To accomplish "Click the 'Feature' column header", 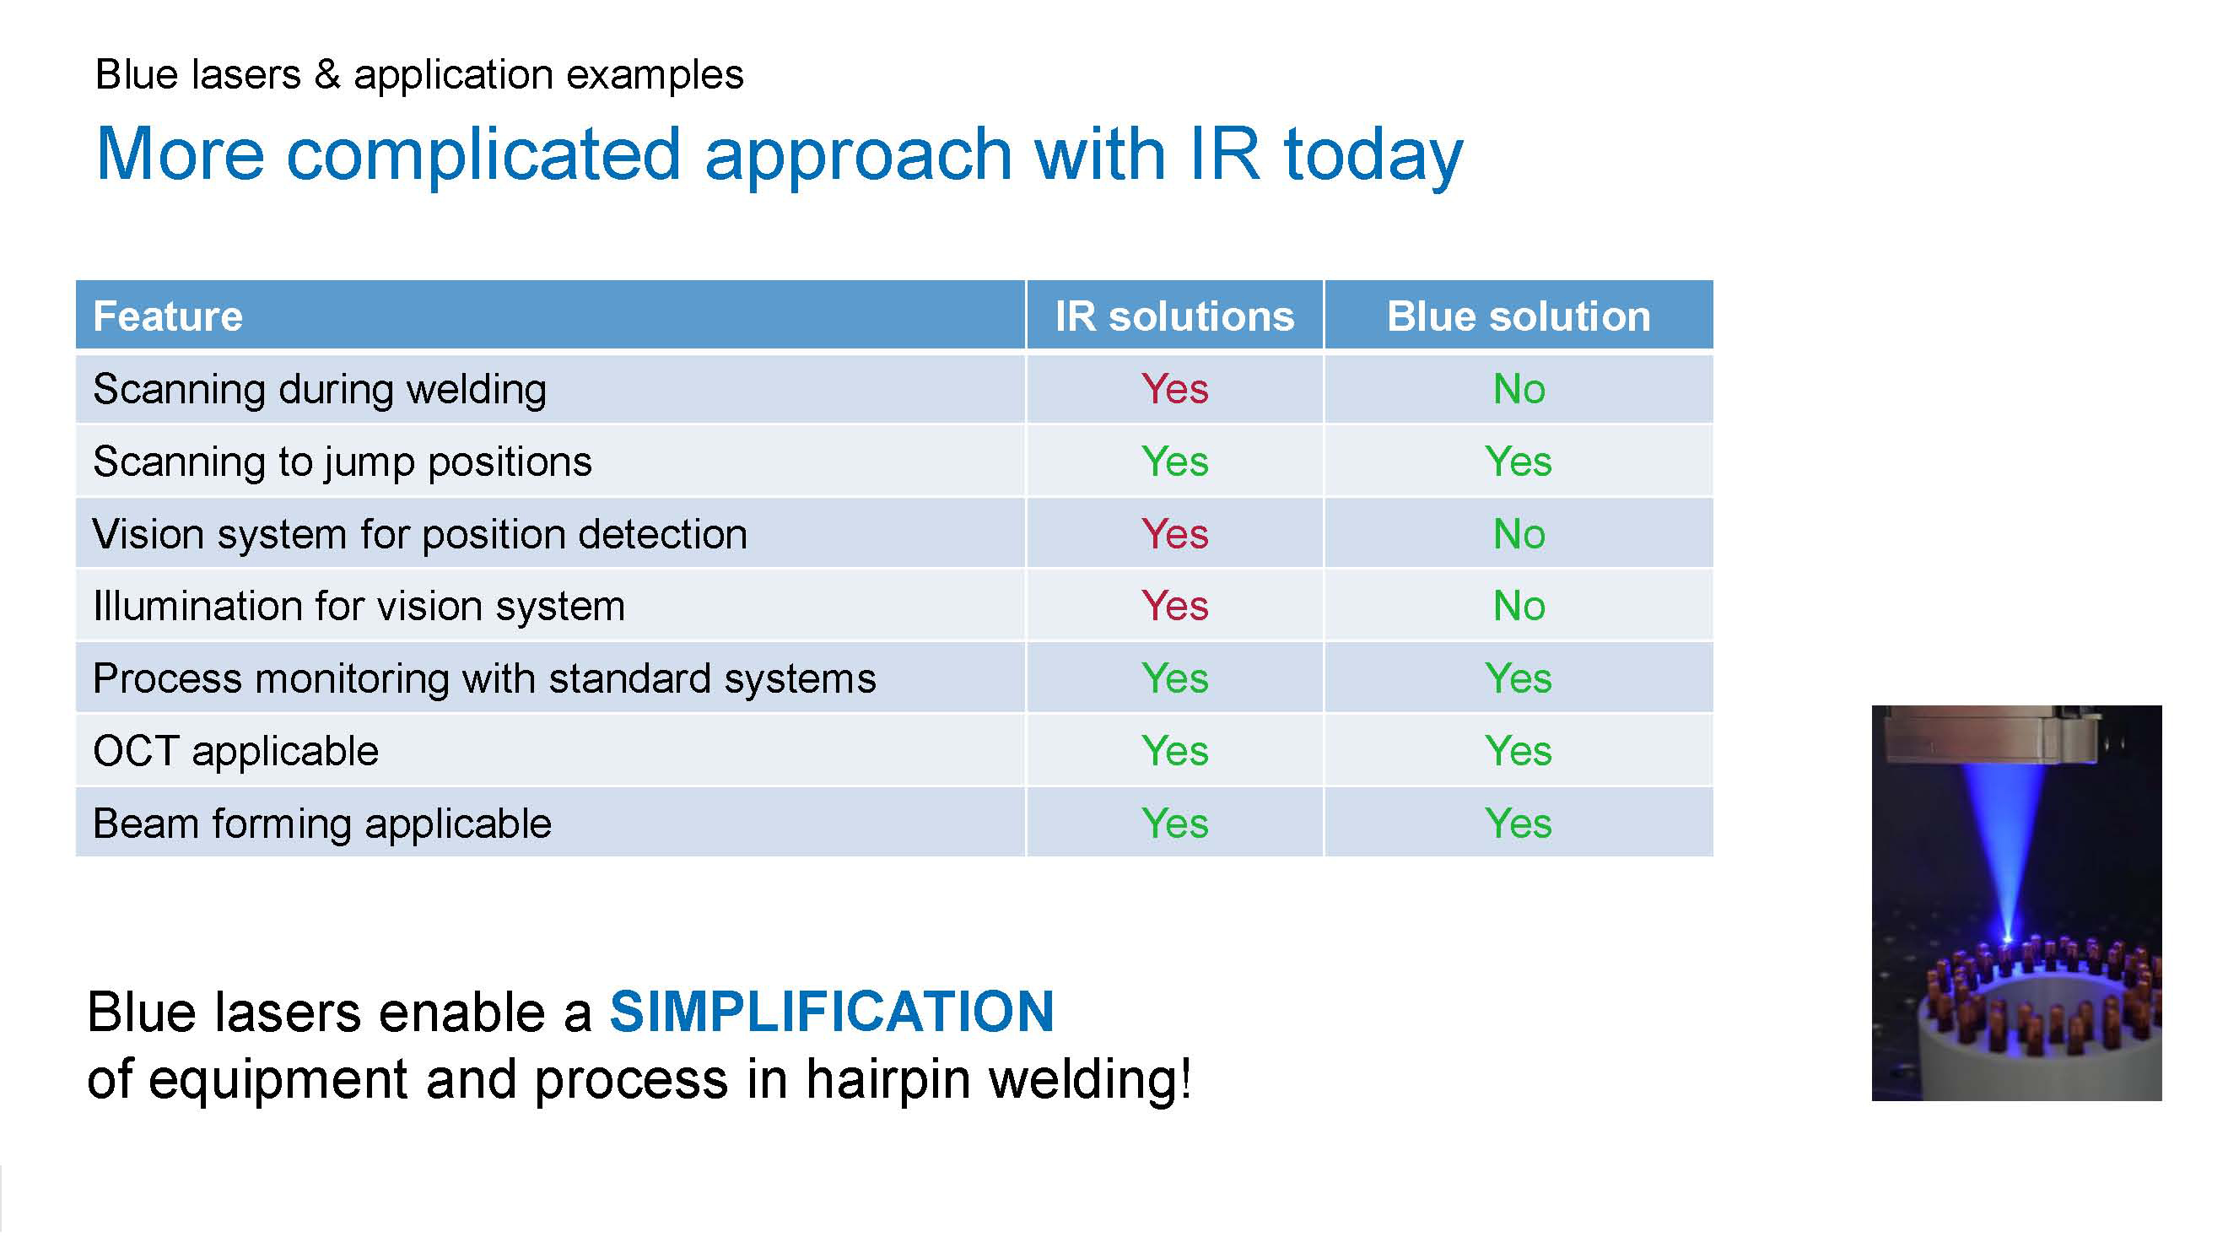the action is point(168,316).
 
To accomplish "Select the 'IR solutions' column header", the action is point(1174,316).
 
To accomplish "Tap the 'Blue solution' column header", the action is point(1519,316).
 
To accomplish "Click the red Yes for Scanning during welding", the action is point(1174,389).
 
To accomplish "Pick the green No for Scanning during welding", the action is point(1519,389).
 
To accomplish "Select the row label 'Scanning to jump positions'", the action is point(343,462).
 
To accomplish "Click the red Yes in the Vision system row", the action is point(1174,534).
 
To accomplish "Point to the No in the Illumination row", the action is point(1519,606).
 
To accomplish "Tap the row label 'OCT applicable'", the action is point(235,751).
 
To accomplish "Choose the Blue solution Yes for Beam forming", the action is point(1519,824).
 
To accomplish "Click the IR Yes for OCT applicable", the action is point(1174,751).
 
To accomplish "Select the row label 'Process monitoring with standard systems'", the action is point(484,679).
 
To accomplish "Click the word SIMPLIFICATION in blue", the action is point(832,1013).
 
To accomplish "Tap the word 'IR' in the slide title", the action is point(1224,154).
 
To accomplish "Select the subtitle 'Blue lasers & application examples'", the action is point(419,76).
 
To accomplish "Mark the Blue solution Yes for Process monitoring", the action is point(1519,678).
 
